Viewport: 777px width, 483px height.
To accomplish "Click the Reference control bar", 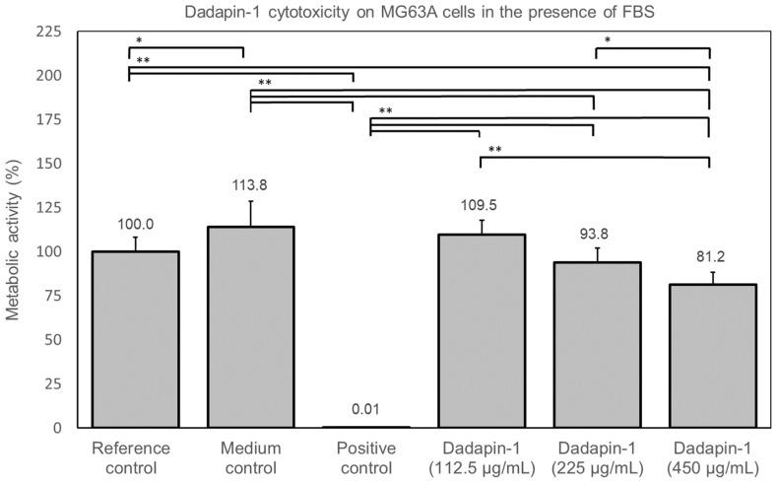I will tap(135, 339).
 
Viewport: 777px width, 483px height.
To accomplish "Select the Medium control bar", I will tap(250, 327).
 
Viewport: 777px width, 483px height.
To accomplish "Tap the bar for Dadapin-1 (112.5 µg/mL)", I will tap(481, 330).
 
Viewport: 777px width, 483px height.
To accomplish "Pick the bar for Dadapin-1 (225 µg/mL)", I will tap(597, 344).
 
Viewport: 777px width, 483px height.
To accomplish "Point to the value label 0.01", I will tap(365, 409).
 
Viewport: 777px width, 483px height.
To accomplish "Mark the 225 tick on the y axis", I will tap(48, 33).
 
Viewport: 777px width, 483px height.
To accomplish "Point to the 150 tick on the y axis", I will tap(48, 164).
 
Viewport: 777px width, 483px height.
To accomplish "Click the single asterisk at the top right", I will tap(608, 40).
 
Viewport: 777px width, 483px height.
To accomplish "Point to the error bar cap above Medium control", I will tap(250, 202).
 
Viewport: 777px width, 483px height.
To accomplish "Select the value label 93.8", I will tap(597, 239).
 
